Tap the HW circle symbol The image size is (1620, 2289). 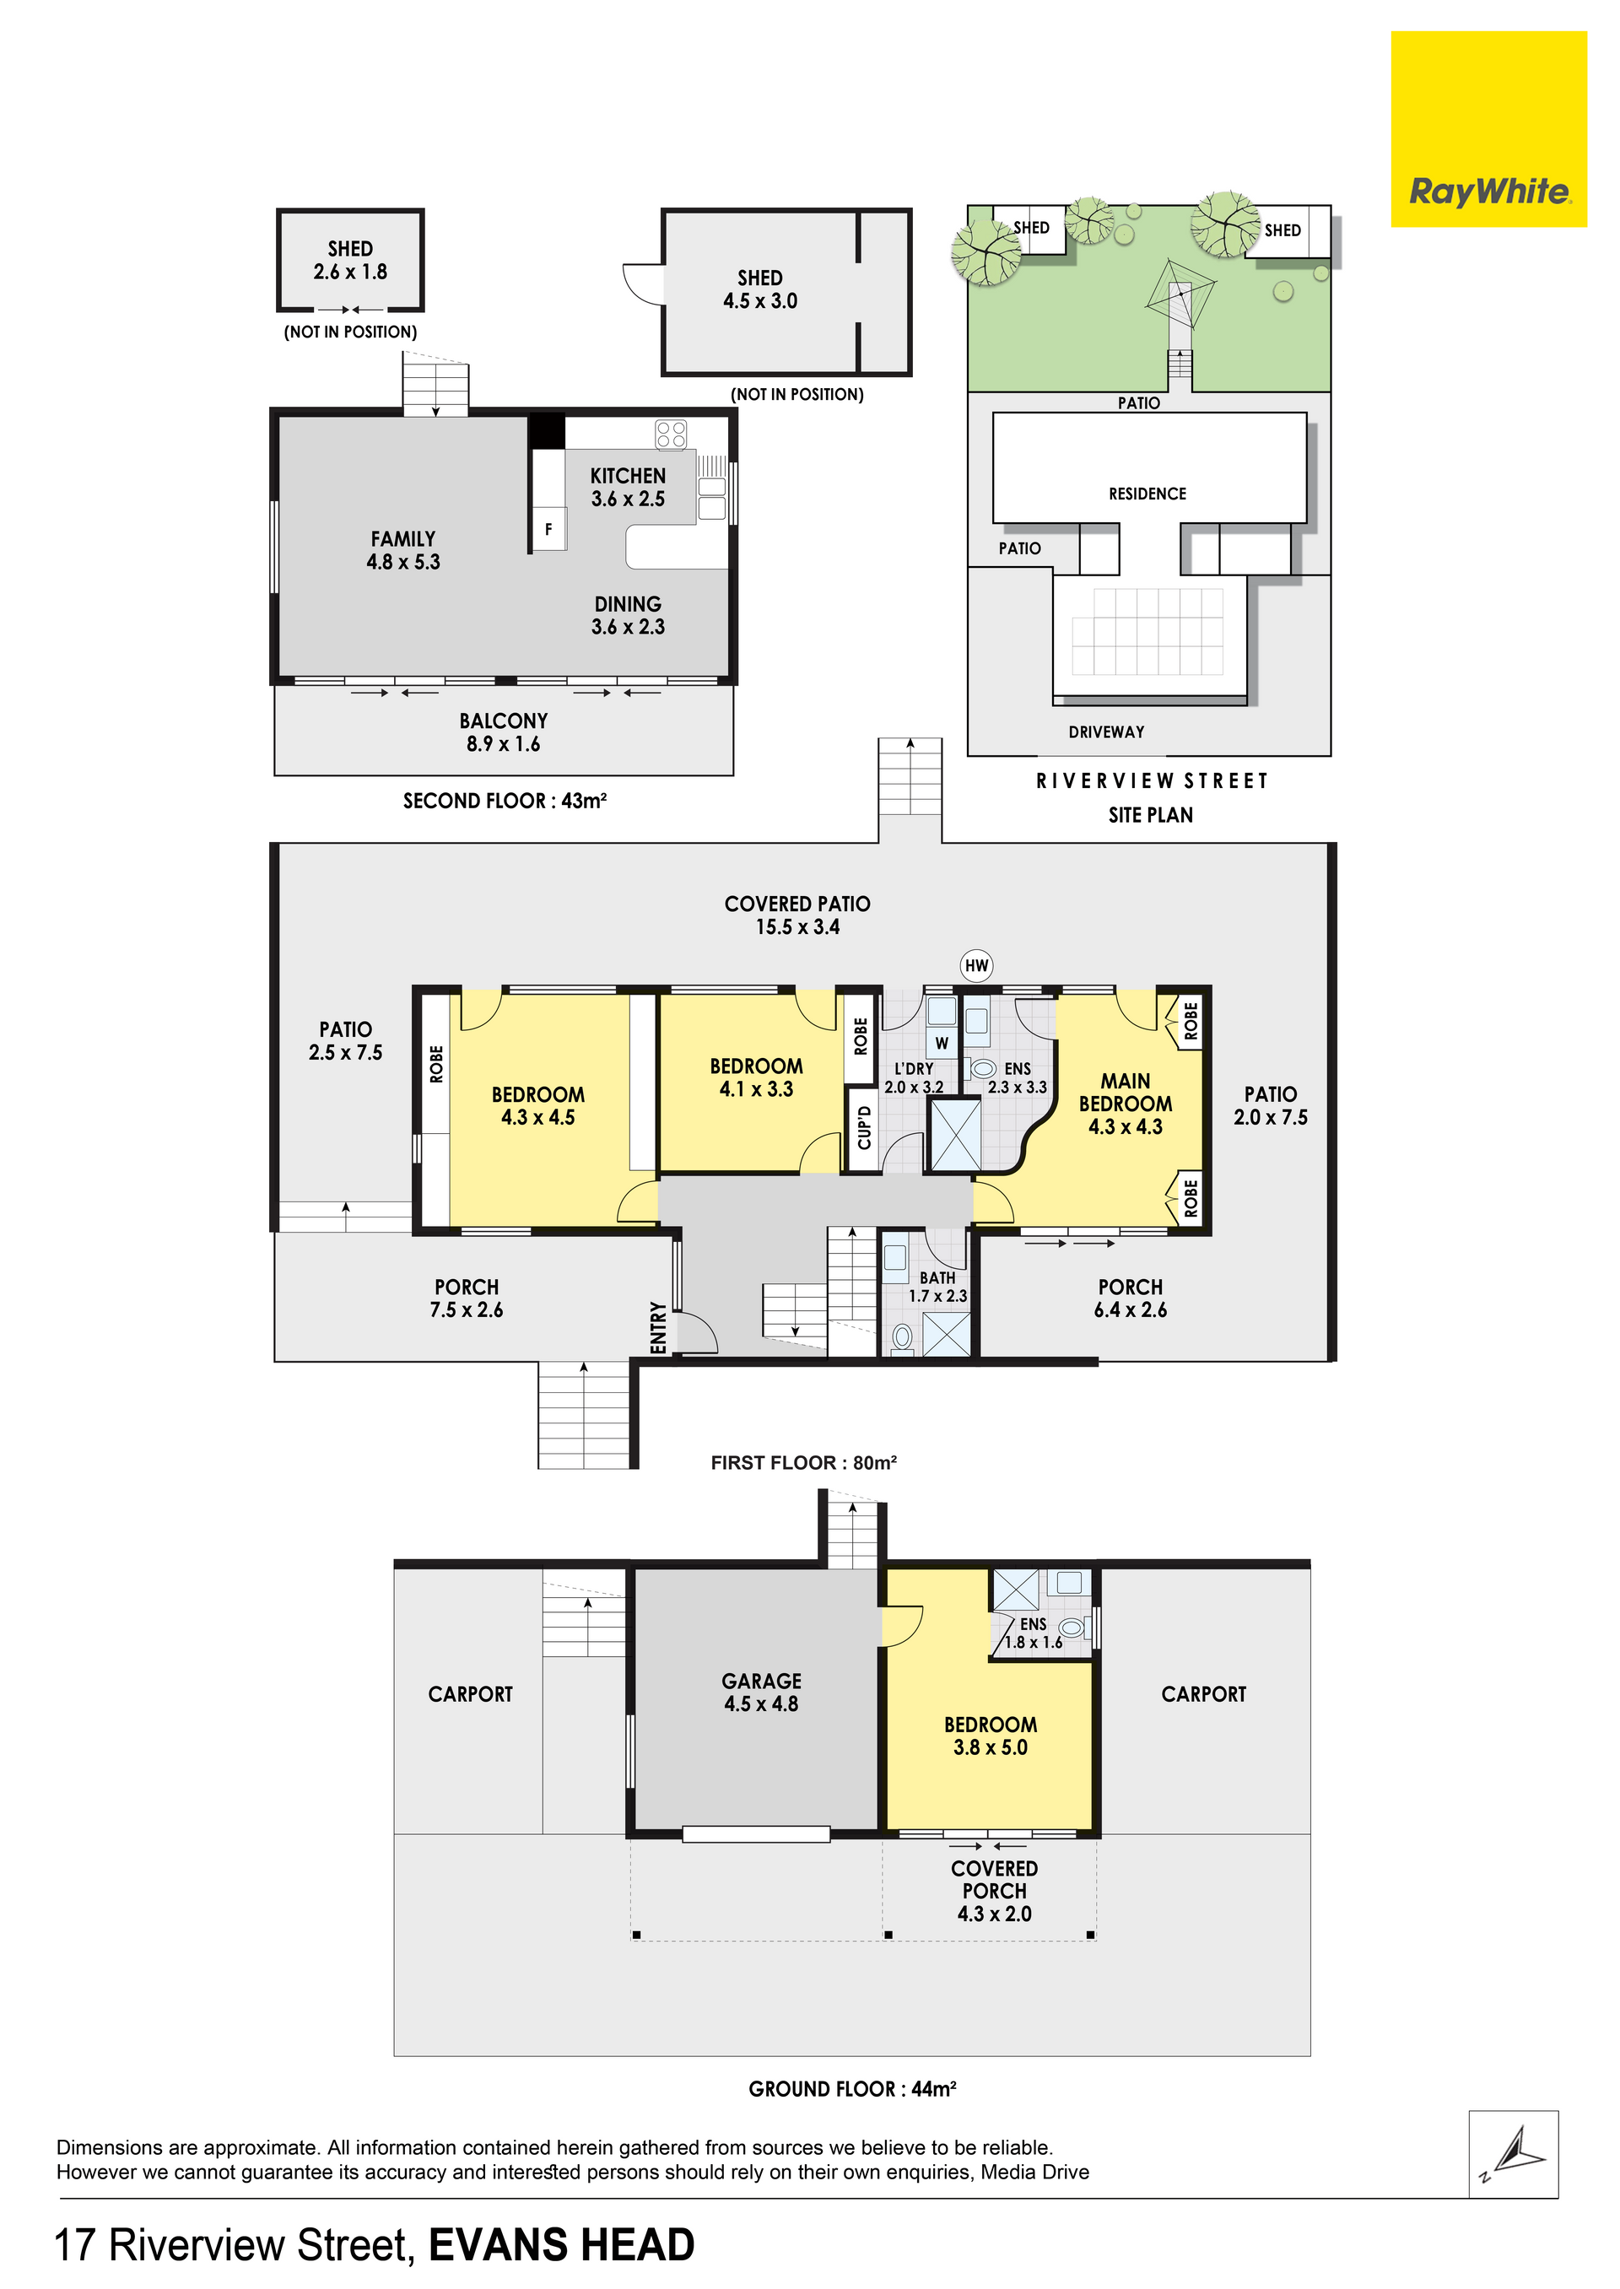(x=976, y=965)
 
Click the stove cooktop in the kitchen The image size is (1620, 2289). (x=670, y=435)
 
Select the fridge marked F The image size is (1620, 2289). (x=548, y=530)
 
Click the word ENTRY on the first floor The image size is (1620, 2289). (x=658, y=1327)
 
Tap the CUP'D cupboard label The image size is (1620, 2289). (x=864, y=1127)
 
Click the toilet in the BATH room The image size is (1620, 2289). (x=903, y=1336)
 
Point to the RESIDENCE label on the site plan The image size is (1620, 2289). (x=1147, y=494)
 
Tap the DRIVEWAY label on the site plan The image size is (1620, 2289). (x=1106, y=732)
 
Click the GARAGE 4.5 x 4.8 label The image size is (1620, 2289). (x=761, y=1692)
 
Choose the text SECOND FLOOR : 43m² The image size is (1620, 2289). (x=505, y=801)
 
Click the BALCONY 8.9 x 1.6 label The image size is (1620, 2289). (x=503, y=732)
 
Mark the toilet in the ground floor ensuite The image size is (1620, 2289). (x=1071, y=1628)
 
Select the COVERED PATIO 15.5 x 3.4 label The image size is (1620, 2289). (x=797, y=915)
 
